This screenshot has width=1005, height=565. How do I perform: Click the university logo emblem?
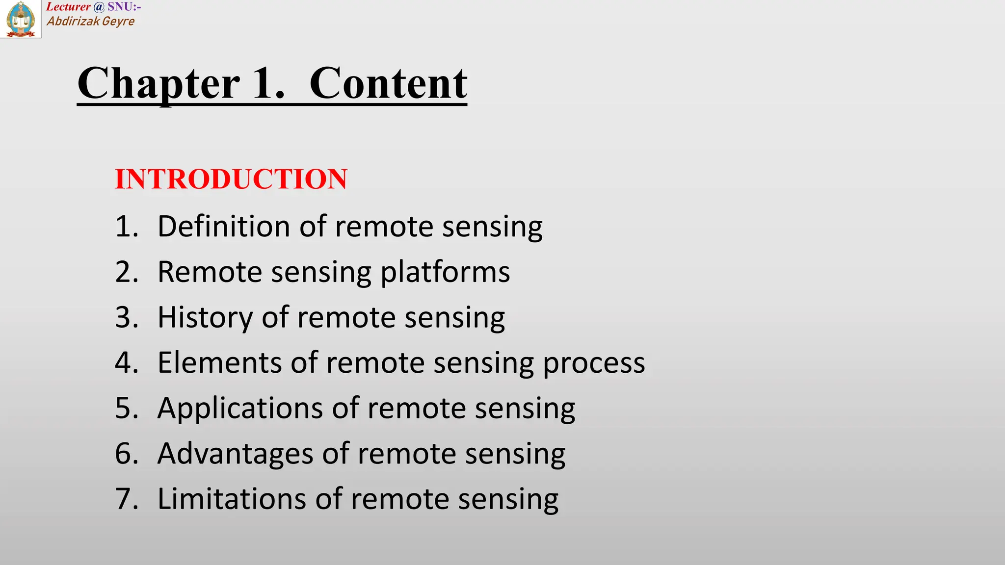pyautogui.click(x=21, y=19)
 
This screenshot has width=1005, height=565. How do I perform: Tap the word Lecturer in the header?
pyautogui.click(x=68, y=7)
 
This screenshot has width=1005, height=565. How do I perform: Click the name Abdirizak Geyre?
pyautogui.click(x=91, y=21)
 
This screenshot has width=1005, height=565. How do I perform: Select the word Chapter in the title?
pyautogui.click(x=159, y=83)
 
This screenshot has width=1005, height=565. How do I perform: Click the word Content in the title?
pyautogui.click(x=388, y=83)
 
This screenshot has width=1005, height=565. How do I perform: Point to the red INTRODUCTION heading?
pyautogui.click(x=231, y=179)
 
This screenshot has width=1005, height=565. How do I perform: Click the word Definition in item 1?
pyautogui.click(x=224, y=227)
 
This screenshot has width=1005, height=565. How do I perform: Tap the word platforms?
pyautogui.click(x=445, y=272)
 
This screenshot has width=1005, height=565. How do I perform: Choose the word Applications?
pyautogui.click(x=240, y=409)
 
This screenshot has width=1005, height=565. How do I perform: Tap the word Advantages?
pyautogui.click(x=235, y=454)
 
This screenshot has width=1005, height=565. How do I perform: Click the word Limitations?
pyautogui.click(x=231, y=499)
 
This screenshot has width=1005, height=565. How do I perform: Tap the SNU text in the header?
pyautogui.click(x=120, y=7)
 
